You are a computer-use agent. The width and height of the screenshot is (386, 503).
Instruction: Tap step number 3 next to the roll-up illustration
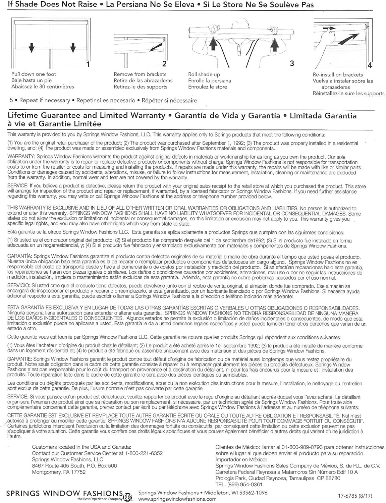(x=292, y=63)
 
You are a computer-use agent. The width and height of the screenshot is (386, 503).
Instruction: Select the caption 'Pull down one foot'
(x=34, y=74)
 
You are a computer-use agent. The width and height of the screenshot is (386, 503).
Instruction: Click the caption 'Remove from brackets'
(x=140, y=74)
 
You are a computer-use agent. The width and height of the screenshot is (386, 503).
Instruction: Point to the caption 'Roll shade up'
(x=204, y=74)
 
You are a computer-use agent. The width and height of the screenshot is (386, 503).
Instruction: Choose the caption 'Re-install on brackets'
(x=338, y=75)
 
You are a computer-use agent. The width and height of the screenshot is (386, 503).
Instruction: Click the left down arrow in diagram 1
(x=32, y=48)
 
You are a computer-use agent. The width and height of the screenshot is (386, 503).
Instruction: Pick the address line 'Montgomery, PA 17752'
(x=59, y=472)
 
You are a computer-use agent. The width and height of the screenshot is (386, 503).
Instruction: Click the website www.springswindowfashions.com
(x=177, y=499)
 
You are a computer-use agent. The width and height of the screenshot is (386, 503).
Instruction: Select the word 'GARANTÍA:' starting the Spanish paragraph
(x=20, y=257)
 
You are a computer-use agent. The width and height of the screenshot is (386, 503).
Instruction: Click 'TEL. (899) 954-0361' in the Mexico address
(x=239, y=484)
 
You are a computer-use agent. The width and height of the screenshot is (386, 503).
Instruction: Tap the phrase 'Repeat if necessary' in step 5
(x=45, y=100)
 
